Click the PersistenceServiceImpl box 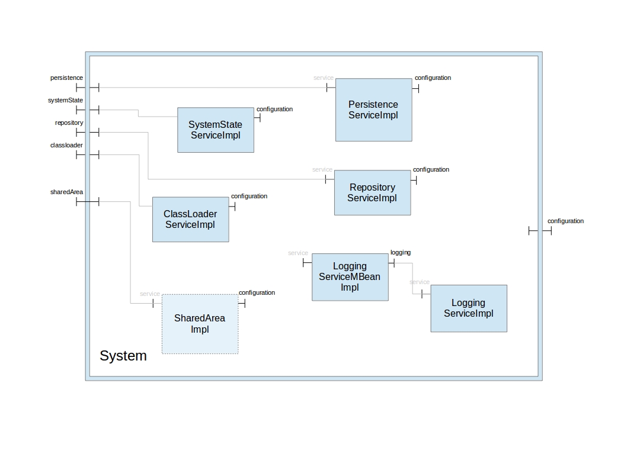point(373,110)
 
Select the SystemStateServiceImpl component point(216,130)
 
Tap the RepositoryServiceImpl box point(372,192)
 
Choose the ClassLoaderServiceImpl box point(190,219)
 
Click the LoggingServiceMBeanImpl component point(350,277)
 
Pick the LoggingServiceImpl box point(468,308)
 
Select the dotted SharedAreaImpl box point(200,324)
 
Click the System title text point(123,356)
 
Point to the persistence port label point(66,78)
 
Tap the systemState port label point(65,100)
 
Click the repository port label point(69,123)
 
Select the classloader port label point(66,145)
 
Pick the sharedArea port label point(66,192)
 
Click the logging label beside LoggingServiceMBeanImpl point(400,252)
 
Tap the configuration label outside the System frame point(565,221)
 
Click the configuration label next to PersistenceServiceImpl point(433,78)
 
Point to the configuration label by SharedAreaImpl point(257,292)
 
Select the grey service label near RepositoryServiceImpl point(322,169)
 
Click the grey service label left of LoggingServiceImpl point(419,282)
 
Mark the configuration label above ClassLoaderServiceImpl point(249,196)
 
